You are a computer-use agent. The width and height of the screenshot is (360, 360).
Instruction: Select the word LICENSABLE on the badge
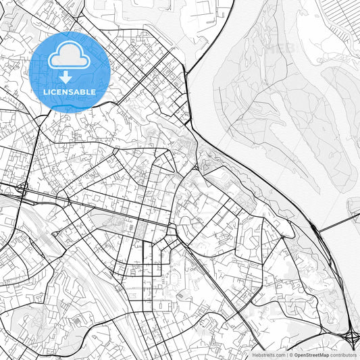pyautogui.click(x=70, y=92)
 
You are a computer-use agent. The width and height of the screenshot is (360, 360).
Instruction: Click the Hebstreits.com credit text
pyautogui.click(x=269, y=355)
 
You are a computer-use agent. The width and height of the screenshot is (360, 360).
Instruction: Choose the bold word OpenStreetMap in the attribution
pyautogui.click(x=311, y=355)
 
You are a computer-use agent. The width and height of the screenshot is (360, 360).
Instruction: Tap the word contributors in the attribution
pyautogui.click(x=343, y=355)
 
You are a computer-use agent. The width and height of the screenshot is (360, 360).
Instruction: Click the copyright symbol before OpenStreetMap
pyautogui.click(x=291, y=355)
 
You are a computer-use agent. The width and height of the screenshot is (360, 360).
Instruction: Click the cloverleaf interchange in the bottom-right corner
pyautogui.click(x=351, y=334)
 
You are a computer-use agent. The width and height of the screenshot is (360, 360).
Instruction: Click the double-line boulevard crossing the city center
pyautogui.click(x=122, y=213)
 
